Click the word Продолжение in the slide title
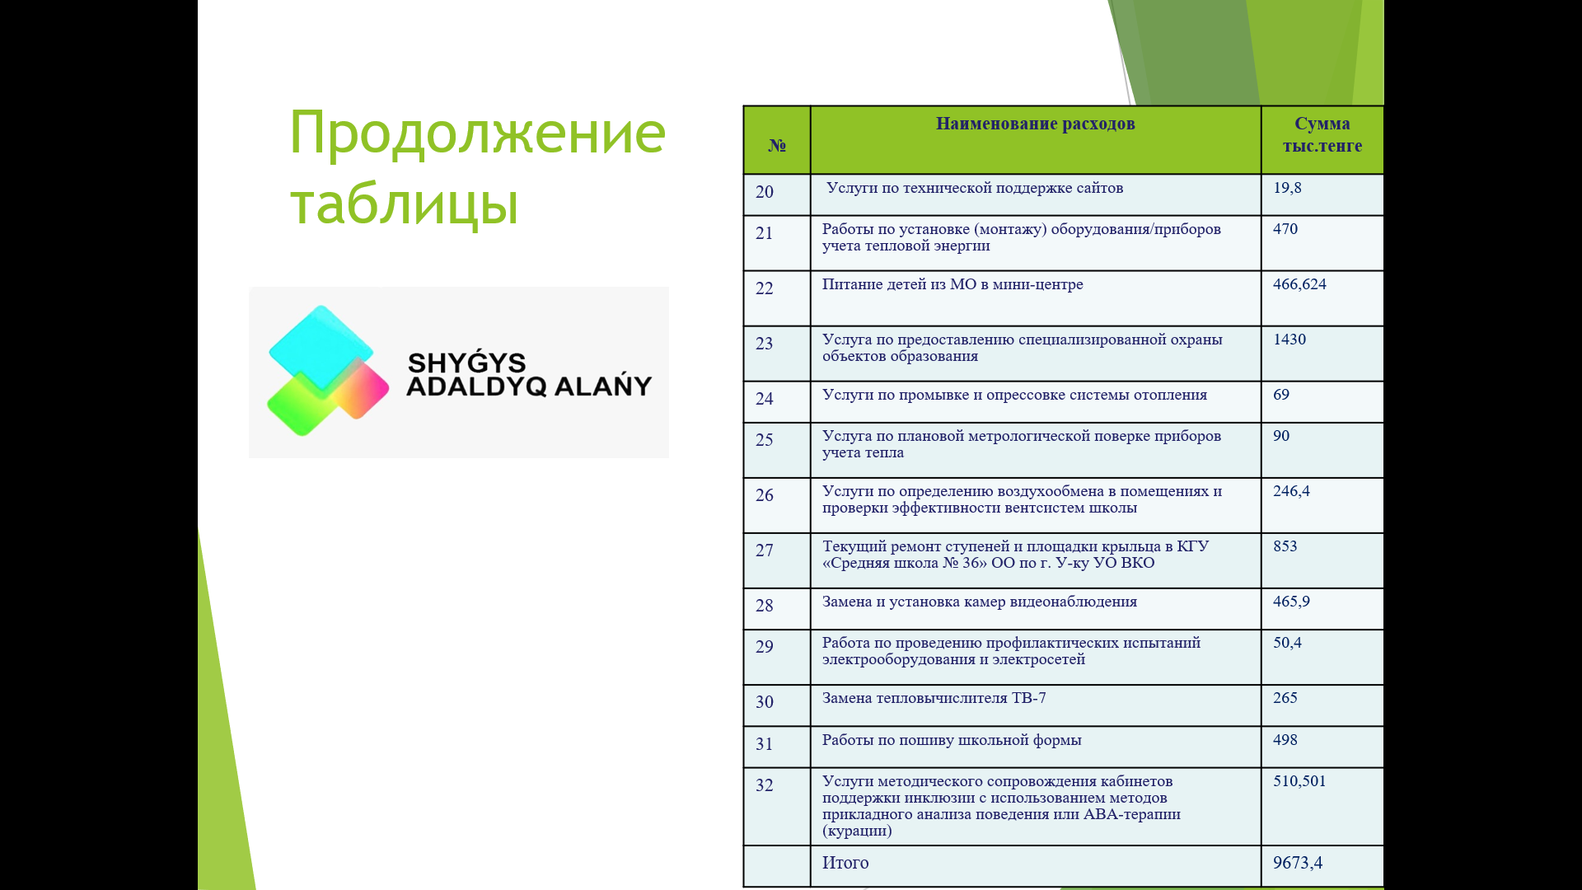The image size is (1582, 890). point(477,134)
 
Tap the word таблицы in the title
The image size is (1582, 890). point(404,204)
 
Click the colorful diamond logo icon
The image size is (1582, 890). point(328,371)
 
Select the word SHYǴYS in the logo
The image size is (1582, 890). point(466,362)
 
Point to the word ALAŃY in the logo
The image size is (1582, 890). point(602,385)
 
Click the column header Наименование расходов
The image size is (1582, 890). point(1035,124)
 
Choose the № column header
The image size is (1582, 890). point(776,146)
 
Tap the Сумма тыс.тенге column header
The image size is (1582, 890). point(1322,134)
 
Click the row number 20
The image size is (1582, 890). point(765,192)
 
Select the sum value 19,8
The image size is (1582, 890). point(1287,188)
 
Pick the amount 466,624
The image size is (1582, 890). point(1299,284)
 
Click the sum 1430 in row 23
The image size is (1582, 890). point(1289,340)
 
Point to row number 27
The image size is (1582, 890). point(765,550)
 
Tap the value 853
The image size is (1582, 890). point(1285,546)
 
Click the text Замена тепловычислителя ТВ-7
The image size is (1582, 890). point(934,698)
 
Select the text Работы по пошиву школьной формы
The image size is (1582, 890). point(952,740)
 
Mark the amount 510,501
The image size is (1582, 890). point(1299,781)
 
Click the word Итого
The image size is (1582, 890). point(845,863)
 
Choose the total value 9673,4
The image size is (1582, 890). point(1298,863)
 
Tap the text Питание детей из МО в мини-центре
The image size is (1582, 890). point(952,284)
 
